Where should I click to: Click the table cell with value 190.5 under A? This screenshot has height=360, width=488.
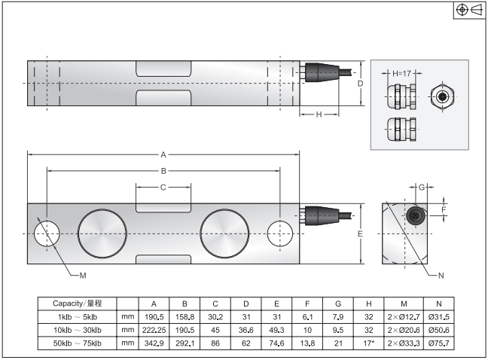pyautogui.click(x=154, y=316)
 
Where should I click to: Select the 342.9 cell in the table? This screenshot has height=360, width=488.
pyautogui.click(x=154, y=343)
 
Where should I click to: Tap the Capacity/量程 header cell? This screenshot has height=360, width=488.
pyautogui.click(x=78, y=303)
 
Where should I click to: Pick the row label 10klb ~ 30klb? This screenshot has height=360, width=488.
pyautogui.click(x=78, y=330)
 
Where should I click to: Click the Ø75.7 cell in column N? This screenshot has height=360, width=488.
pyautogui.click(x=439, y=343)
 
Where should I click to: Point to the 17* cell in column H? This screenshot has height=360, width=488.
pyautogui.click(x=368, y=343)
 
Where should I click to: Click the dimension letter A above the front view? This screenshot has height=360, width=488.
pyautogui.click(x=163, y=154)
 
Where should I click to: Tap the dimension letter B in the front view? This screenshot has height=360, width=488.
pyautogui.click(x=163, y=170)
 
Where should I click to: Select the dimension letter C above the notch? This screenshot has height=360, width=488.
pyautogui.click(x=163, y=187)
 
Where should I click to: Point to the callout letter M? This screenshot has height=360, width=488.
pyautogui.click(x=83, y=273)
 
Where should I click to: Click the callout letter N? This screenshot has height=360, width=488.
pyautogui.click(x=441, y=273)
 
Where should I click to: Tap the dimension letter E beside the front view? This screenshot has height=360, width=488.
pyautogui.click(x=361, y=234)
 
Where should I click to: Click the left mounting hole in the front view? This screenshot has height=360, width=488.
pyautogui.click(x=47, y=233)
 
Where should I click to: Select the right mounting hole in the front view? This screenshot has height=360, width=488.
pyautogui.click(x=280, y=233)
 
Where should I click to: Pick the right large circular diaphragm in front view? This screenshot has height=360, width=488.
pyautogui.click(x=224, y=233)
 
